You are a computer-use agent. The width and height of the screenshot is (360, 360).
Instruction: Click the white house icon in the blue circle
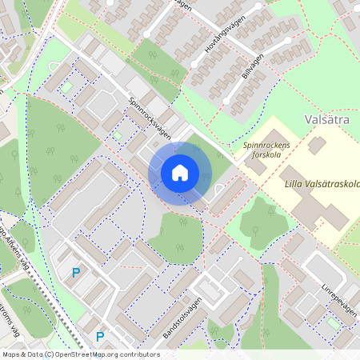(180, 172)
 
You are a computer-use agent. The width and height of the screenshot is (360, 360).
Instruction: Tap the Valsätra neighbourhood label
(329, 121)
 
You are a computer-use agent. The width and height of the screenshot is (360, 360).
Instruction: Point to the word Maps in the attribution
(11, 354)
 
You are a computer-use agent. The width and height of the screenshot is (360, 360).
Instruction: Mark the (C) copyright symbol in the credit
(50, 354)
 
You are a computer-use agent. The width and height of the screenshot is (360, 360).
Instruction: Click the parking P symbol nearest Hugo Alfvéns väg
(76, 273)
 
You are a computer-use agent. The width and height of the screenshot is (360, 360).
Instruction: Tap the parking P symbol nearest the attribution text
(100, 337)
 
